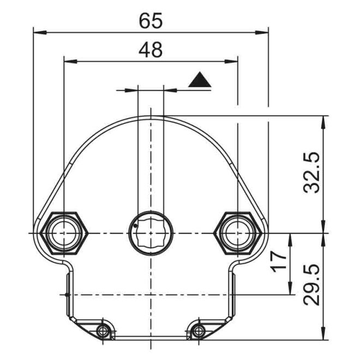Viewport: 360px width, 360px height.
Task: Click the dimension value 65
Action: point(151,20)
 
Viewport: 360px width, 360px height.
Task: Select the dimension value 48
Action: point(151,50)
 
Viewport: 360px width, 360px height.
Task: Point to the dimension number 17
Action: point(278,262)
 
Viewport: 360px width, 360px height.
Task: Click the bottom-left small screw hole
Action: point(101,330)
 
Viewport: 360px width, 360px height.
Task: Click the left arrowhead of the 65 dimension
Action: point(37,33)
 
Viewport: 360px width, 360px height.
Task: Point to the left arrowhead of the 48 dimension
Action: point(68,62)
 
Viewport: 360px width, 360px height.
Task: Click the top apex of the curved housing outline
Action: point(151,116)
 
